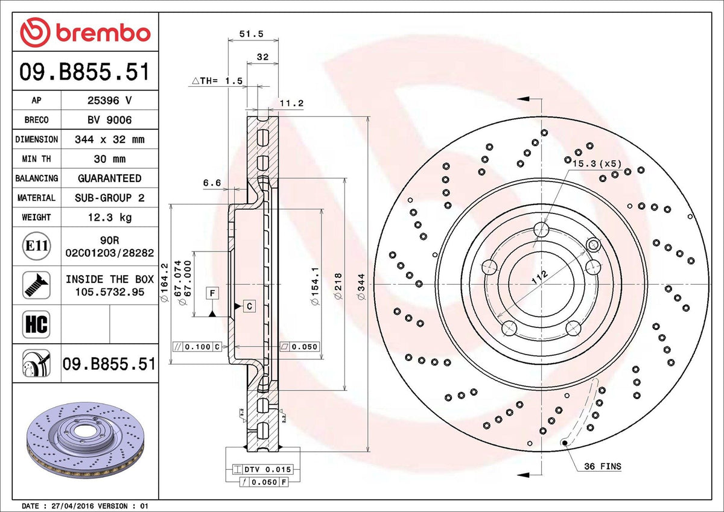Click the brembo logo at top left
tap(85, 33)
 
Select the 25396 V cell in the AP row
tap(110, 100)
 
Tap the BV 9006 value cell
tap(110, 120)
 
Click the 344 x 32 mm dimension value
tap(110, 139)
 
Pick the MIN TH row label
tap(37, 159)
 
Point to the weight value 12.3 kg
tap(110, 217)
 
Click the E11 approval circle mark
tap(37, 246)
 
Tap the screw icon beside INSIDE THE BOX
tap(37, 285)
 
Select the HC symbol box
tap(37, 324)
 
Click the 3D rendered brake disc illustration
tap(85, 440)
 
